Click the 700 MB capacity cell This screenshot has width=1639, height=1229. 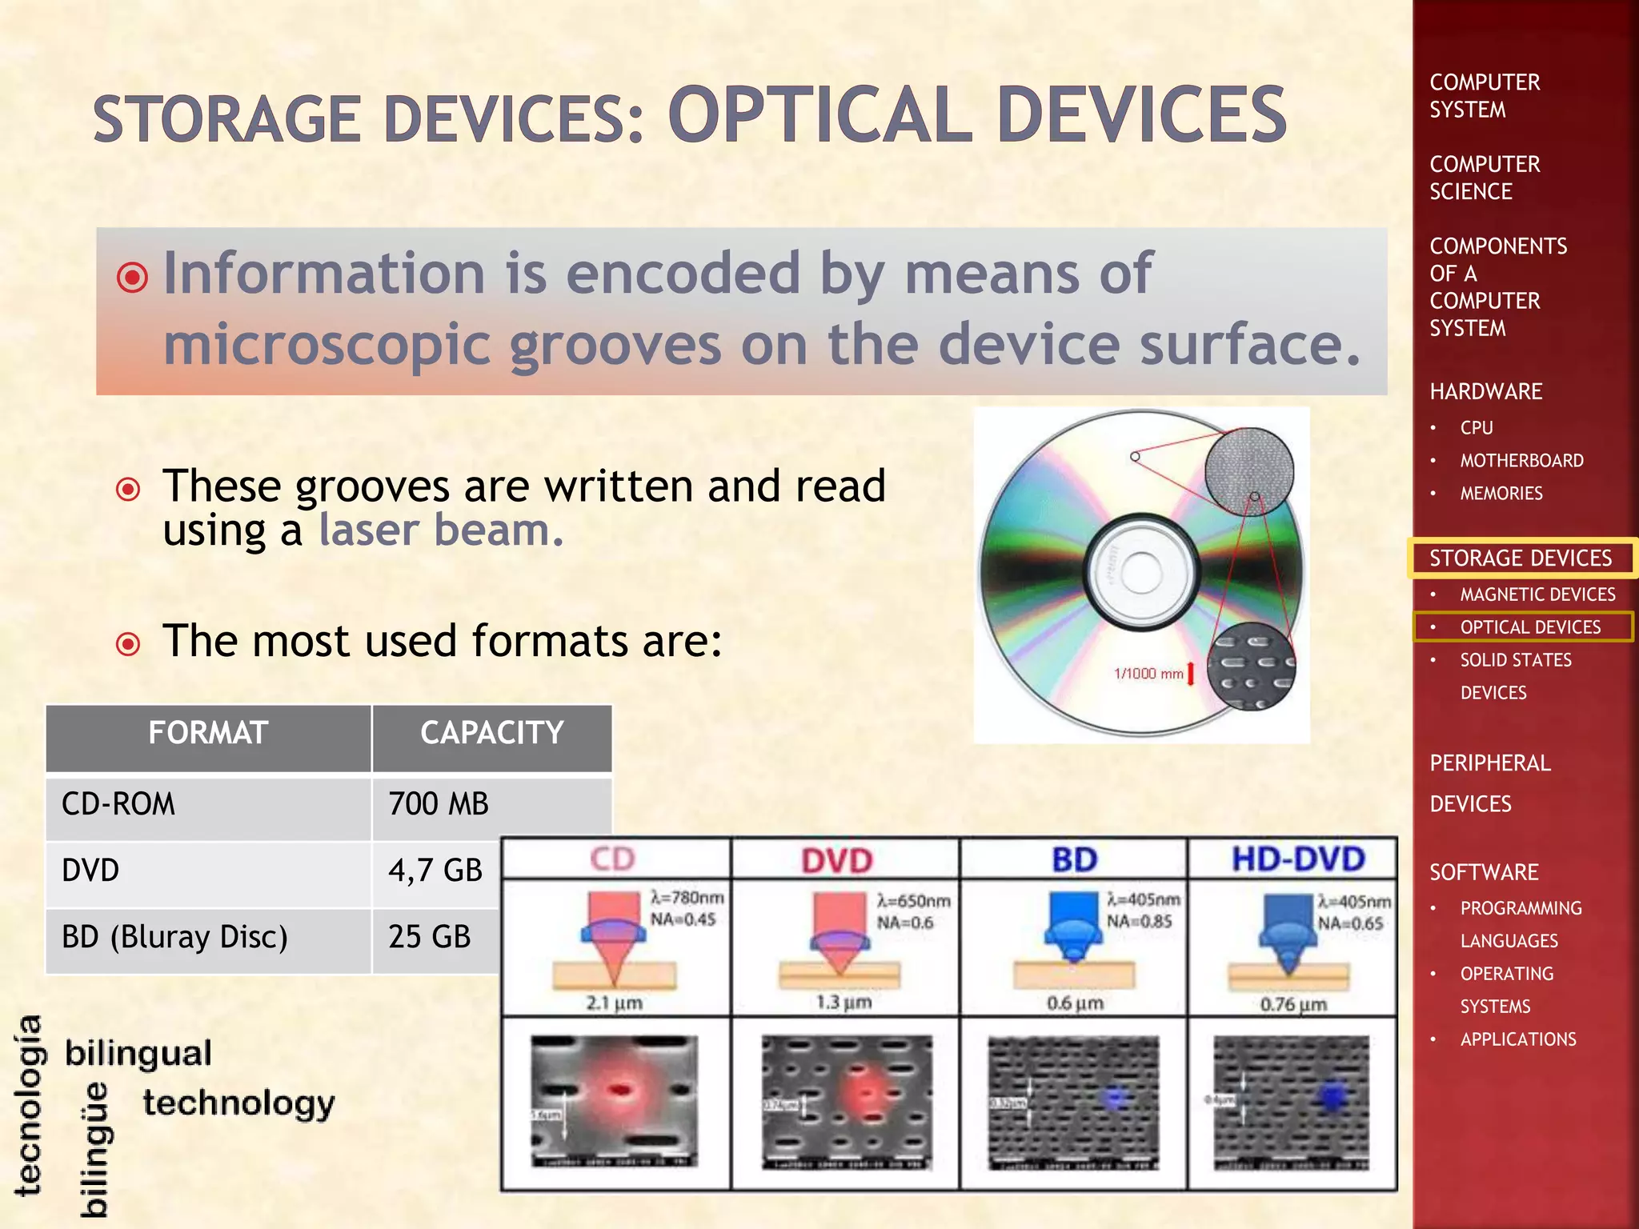(439, 804)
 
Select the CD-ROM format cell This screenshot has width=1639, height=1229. (118, 804)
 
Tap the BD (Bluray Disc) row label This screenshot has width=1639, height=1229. (174, 937)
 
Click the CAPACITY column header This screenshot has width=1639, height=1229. (492, 733)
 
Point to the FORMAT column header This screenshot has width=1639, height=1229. (208, 733)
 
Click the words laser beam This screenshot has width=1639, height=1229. (441, 530)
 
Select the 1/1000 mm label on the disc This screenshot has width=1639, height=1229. (1148, 674)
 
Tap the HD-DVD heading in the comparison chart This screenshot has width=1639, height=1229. (1298, 859)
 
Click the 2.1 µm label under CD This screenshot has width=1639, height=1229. (614, 1003)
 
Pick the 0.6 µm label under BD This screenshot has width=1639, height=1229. (1075, 1003)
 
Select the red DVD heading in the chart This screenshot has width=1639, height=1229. (837, 861)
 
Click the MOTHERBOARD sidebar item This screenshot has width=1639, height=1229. (1521, 461)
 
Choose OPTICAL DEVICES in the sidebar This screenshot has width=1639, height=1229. (1530, 627)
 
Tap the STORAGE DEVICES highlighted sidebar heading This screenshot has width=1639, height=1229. (1521, 558)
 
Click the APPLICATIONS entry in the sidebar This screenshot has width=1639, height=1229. (1518, 1039)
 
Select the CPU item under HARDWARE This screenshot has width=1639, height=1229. (1477, 428)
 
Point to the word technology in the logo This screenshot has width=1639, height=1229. (238, 1103)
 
